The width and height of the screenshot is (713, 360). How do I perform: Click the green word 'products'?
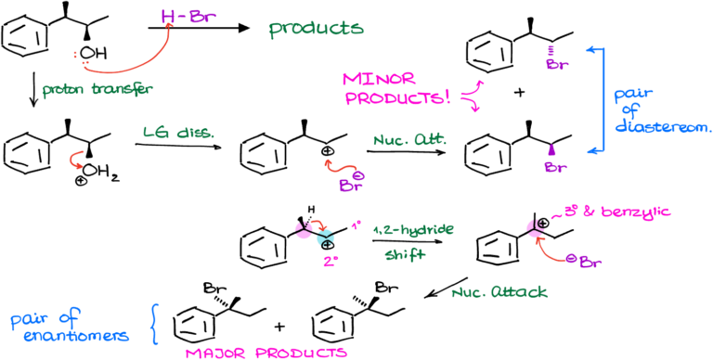(x=317, y=30)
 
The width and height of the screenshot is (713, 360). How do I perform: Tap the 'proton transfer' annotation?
(x=97, y=90)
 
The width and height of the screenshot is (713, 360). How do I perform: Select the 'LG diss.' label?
(x=178, y=133)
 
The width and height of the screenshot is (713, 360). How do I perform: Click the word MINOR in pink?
(x=379, y=79)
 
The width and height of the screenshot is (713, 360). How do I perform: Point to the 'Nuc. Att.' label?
(x=409, y=141)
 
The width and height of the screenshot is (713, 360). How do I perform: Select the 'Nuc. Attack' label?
(x=499, y=292)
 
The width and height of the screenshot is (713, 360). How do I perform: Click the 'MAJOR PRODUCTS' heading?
(x=266, y=353)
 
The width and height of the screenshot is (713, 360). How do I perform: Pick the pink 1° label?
(x=356, y=225)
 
